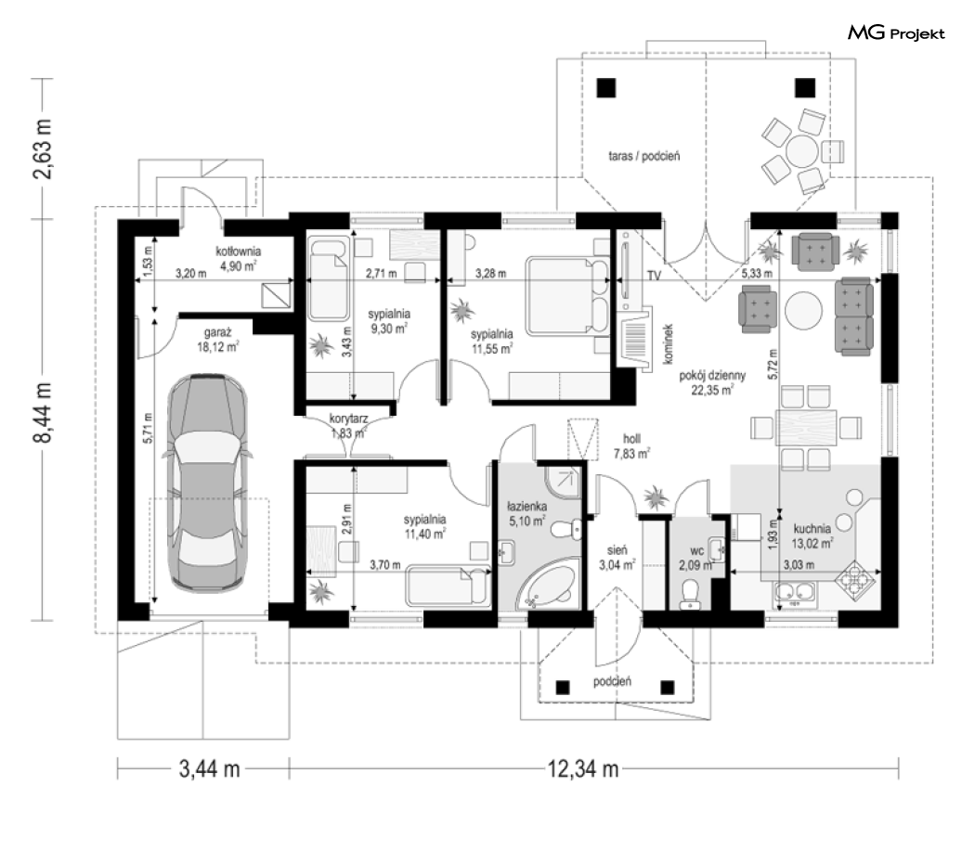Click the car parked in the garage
pos(208,482)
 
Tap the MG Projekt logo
pos(896,33)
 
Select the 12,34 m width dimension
pos(582,769)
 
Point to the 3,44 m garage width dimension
pos(210,769)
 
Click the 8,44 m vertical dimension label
pos(43,412)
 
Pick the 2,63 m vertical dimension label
pos(43,148)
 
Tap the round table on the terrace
pos(801,151)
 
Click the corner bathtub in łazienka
pos(547,583)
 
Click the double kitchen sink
pos(796,595)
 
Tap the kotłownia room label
pos(238,251)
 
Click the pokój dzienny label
pos(712,376)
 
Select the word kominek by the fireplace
pos(669,343)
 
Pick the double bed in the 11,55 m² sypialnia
pos(568,297)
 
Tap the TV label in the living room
pos(654,276)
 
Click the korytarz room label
pos(349,419)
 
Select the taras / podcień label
pos(644,156)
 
